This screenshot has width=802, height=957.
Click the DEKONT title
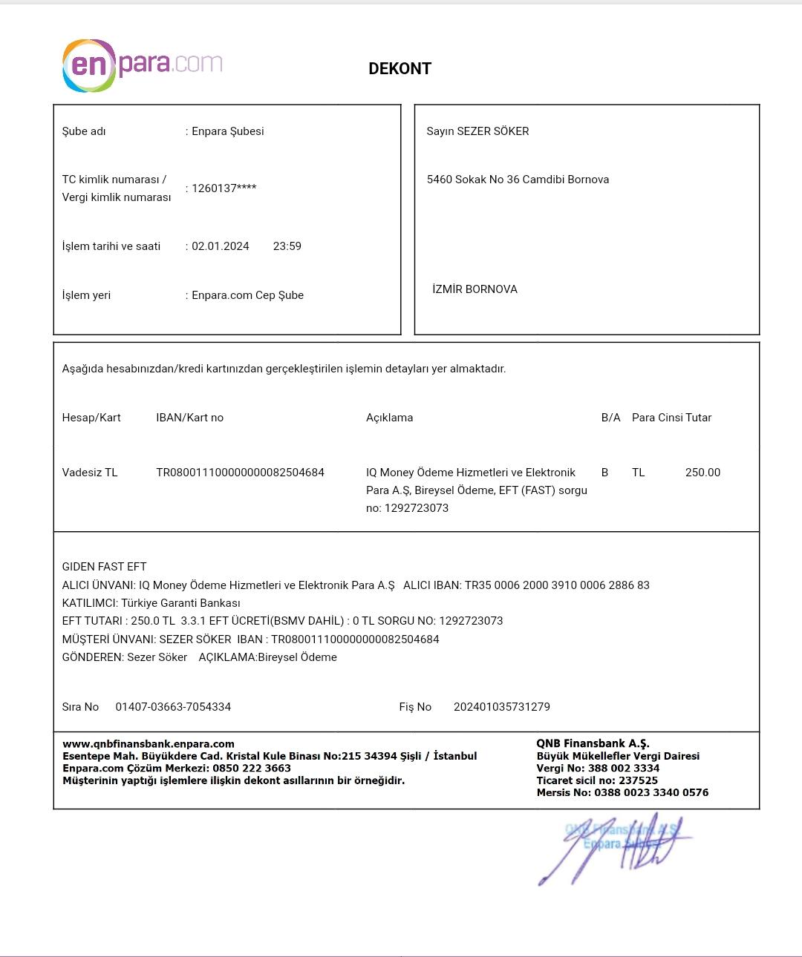point(400,69)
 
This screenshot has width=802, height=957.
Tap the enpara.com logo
point(142,65)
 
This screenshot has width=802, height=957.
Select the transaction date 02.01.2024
point(221,246)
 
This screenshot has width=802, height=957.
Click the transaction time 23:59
point(287,246)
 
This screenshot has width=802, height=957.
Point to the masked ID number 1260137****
point(224,188)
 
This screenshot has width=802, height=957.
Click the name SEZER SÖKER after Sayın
point(492,131)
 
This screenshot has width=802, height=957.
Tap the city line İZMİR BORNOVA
point(475,289)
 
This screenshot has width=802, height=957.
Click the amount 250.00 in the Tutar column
point(702,473)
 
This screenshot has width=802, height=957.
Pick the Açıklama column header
point(389,418)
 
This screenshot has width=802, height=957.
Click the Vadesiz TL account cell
point(90,473)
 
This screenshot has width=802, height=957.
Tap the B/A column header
point(610,418)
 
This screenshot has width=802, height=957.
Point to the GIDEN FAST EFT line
point(104,567)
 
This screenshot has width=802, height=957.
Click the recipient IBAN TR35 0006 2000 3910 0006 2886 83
point(557,585)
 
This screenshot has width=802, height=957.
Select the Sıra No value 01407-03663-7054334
point(173,707)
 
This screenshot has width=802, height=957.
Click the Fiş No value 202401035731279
point(501,707)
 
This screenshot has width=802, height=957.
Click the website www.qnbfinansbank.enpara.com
point(149,744)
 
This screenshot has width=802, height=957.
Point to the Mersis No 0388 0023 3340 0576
point(651,792)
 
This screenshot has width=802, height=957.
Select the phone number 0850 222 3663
point(252,769)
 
